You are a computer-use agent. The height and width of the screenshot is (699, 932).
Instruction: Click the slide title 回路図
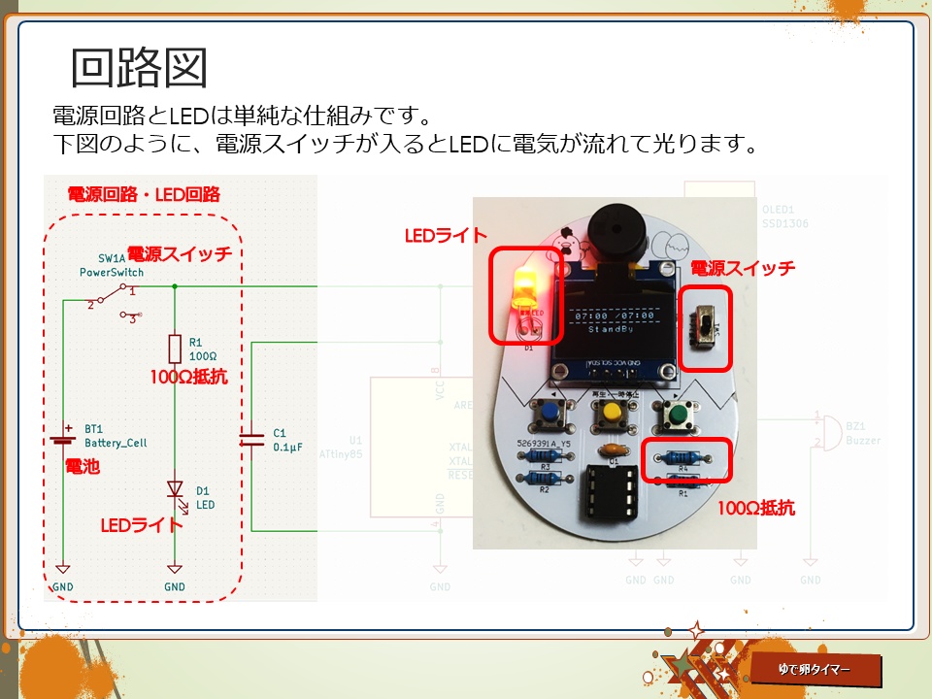point(139,68)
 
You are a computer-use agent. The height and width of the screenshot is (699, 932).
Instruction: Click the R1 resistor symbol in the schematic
point(175,349)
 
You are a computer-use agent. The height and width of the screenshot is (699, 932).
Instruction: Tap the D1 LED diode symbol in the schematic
point(175,488)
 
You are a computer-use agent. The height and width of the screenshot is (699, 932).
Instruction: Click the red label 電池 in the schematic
point(82,467)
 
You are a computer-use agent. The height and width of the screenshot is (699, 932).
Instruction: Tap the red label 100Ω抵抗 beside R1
point(188,376)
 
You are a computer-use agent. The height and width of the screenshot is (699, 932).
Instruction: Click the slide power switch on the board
point(705,327)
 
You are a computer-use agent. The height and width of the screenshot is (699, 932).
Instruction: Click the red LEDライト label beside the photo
point(446,236)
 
